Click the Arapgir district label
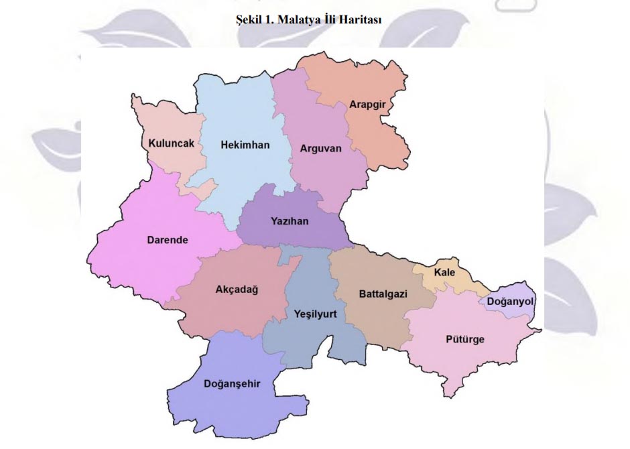[x=368, y=105]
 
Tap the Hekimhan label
[x=245, y=144]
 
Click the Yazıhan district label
[x=290, y=221]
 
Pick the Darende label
[x=168, y=240]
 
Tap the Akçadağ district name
[x=237, y=290]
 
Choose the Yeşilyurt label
[x=315, y=313]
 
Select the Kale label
[x=444, y=272]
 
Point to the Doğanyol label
[x=510, y=302]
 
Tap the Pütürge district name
[x=464, y=339]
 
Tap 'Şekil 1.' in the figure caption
[x=253, y=20]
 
